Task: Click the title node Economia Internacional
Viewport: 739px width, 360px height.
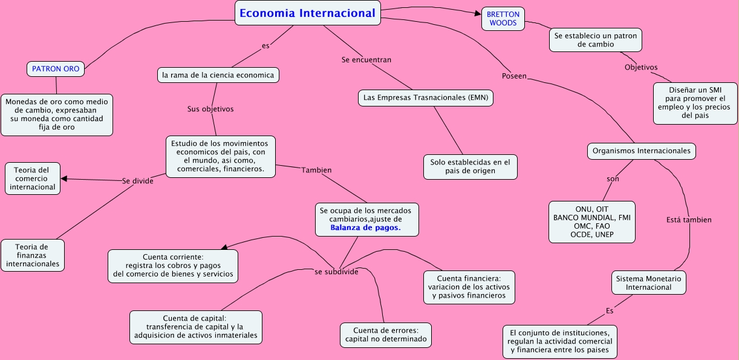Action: [x=307, y=13]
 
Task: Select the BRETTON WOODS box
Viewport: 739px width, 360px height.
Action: [x=503, y=18]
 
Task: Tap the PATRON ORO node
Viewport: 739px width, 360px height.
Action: [x=56, y=69]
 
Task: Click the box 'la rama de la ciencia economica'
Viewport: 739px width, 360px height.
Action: [x=218, y=75]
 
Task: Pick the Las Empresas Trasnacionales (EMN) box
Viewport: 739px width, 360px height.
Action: [x=426, y=97]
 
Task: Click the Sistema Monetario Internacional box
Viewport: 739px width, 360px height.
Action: [x=648, y=283]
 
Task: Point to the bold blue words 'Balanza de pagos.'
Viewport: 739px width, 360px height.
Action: [x=365, y=228]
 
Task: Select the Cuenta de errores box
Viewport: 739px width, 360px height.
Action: [x=386, y=335]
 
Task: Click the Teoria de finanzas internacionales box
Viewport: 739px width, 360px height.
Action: [x=33, y=255]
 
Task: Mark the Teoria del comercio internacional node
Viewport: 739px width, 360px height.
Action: [x=33, y=178]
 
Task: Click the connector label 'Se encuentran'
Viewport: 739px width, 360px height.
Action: [x=366, y=60]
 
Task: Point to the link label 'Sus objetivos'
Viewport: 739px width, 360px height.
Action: [x=210, y=109]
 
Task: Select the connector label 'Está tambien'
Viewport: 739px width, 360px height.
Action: [x=688, y=220]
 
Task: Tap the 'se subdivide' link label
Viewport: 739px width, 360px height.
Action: [x=336, y=272]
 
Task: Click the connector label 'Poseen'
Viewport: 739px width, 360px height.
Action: [x=514, y=76]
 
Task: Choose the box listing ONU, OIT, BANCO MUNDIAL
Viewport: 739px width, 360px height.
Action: [x=591, y=221]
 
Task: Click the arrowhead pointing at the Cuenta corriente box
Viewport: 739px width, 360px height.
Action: [x=224, y=247]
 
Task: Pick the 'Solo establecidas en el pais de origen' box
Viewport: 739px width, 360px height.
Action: [x=470, y=166]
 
